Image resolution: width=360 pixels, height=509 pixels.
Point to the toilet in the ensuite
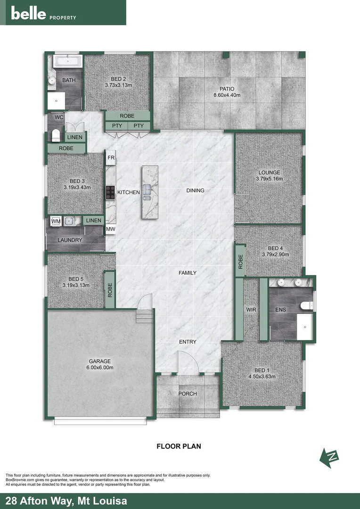pyautogui.click(x=307, y=304)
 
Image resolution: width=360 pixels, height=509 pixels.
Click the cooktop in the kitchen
pyautogui.click(x=110, y=191)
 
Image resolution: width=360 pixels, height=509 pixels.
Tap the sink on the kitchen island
pyautogui.click(x=147, y=191)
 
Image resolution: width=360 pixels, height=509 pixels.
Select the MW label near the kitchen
pyautogui.click(x=111, y=230)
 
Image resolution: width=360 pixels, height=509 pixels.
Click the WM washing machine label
pyautogui.click(x=56, y=221)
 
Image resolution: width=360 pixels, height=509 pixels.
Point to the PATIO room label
pyautogui.click(x=227, y=89)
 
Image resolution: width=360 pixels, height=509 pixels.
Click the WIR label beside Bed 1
pyautogui.click(x=251, y=310)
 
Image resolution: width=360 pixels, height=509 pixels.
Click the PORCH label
pyautogui.click(x=188, y=394)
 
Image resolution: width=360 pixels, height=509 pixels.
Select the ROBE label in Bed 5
pyautogui.click(x=110, y=290)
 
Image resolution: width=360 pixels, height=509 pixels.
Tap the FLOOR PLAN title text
pyautogui.click(x=179, y=446)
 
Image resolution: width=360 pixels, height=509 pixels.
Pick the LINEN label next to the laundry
pyautogui.click(x=94, y=220)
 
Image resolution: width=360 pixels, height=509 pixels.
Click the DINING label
pyautogui.click(x=195, y=190)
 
